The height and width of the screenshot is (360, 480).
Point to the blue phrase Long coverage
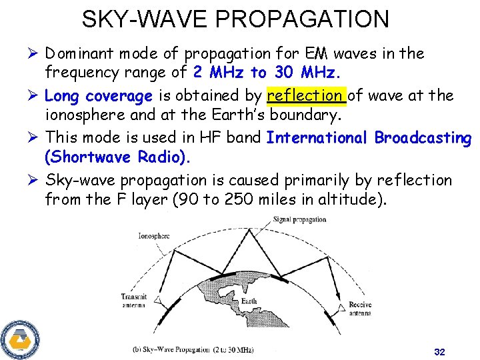tap(98, 96)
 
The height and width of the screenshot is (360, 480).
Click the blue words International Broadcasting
tap(369, 138)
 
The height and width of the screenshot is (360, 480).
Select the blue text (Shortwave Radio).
tap(117, 159)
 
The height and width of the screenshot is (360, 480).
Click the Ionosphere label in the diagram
tap(154, 235)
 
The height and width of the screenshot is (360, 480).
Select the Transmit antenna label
tap(135, 301)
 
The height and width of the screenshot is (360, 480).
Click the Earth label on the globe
tap(249, 301)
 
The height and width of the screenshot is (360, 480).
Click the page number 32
tap(439, 351)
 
